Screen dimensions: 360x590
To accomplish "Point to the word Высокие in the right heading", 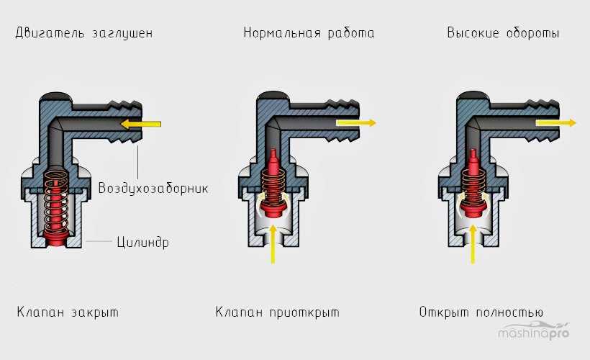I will coord(474,34).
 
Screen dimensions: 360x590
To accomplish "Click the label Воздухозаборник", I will coord(154,189).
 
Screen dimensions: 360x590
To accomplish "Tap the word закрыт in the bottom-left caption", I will coord(93,312).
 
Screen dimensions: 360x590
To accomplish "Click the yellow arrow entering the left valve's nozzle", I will coord(140,124).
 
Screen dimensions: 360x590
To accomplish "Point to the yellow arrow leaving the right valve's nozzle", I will coord(556,123).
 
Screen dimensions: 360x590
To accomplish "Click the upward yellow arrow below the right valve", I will coord(473,241).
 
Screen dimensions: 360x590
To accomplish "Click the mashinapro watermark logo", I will coord(534,332).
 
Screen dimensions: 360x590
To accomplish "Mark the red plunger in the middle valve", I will coord(272,189).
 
